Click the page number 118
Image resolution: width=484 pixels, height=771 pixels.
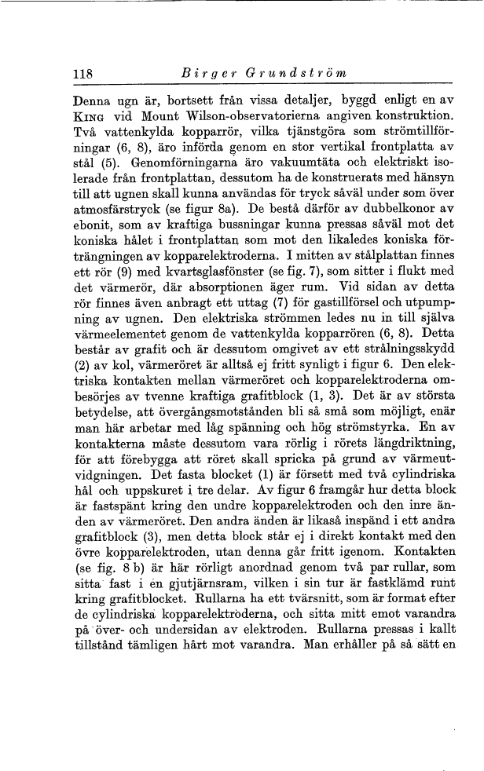pyautogui.click(x=82, y=75)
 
